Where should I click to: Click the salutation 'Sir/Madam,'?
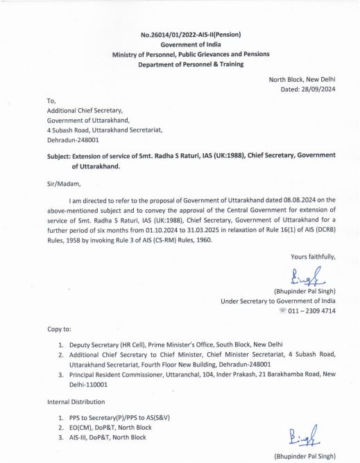click(64, 184)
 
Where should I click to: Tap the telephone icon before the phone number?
click(282, 312)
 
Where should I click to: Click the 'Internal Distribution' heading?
click(79, 401)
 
